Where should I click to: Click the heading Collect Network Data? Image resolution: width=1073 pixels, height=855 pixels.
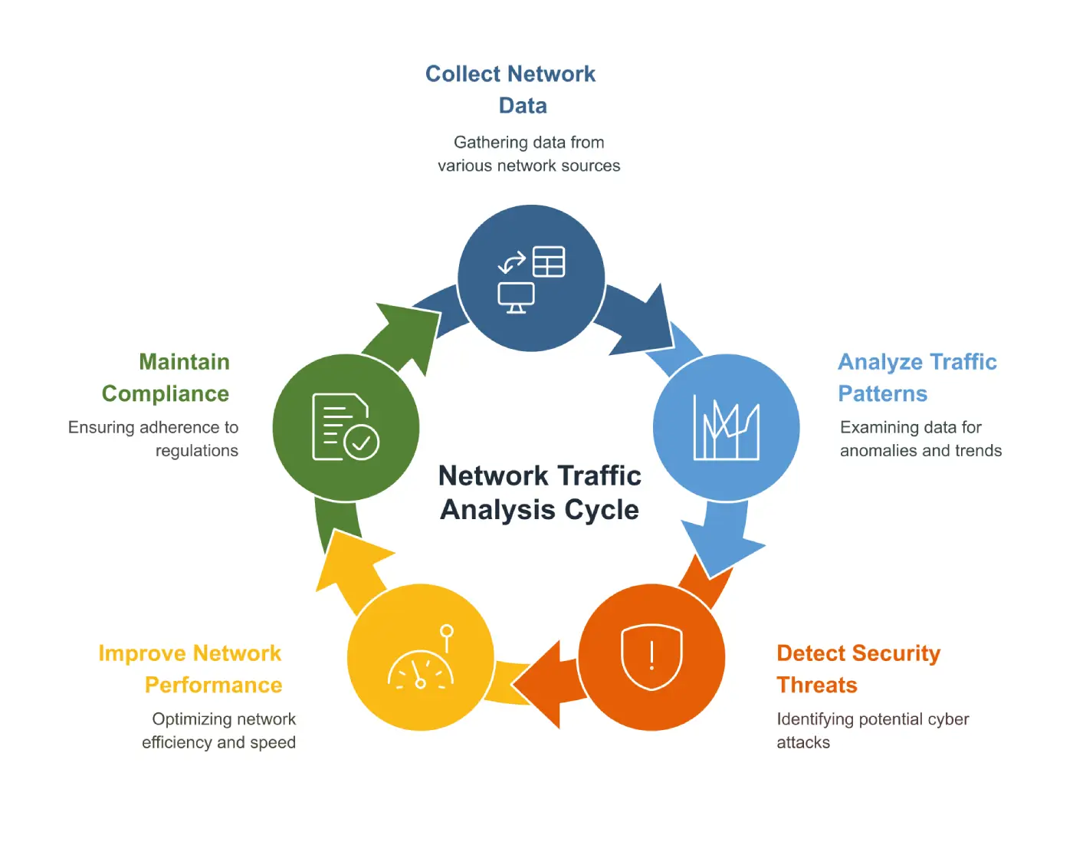coord(511,89)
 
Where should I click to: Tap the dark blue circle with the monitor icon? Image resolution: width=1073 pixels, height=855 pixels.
coord(531,278)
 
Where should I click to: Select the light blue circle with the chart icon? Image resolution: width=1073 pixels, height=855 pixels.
coord(726,427)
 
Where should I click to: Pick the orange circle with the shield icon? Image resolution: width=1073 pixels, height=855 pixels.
coord(651,657)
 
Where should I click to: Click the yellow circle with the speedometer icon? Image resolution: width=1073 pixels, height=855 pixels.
coord(421,657)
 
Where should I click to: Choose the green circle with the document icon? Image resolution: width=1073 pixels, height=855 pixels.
coord(346,427)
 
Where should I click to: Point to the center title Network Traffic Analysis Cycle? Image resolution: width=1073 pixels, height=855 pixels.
coord(540,492)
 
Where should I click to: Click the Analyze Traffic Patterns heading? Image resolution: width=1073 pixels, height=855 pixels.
coord(917,377)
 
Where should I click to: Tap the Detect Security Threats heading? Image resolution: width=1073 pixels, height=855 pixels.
coord(858,669)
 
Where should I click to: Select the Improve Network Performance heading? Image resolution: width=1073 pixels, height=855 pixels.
coord(191,669)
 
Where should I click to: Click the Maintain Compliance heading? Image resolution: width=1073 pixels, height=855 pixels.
coord(166,377)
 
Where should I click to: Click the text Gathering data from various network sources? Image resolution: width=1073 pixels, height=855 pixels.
coord(529,154)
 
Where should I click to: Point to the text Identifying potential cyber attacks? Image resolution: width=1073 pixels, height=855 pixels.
coord(872,730)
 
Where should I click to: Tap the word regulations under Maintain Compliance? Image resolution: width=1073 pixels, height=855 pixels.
coord(197,451)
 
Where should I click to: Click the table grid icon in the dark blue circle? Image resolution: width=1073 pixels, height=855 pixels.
coord(549,261)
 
